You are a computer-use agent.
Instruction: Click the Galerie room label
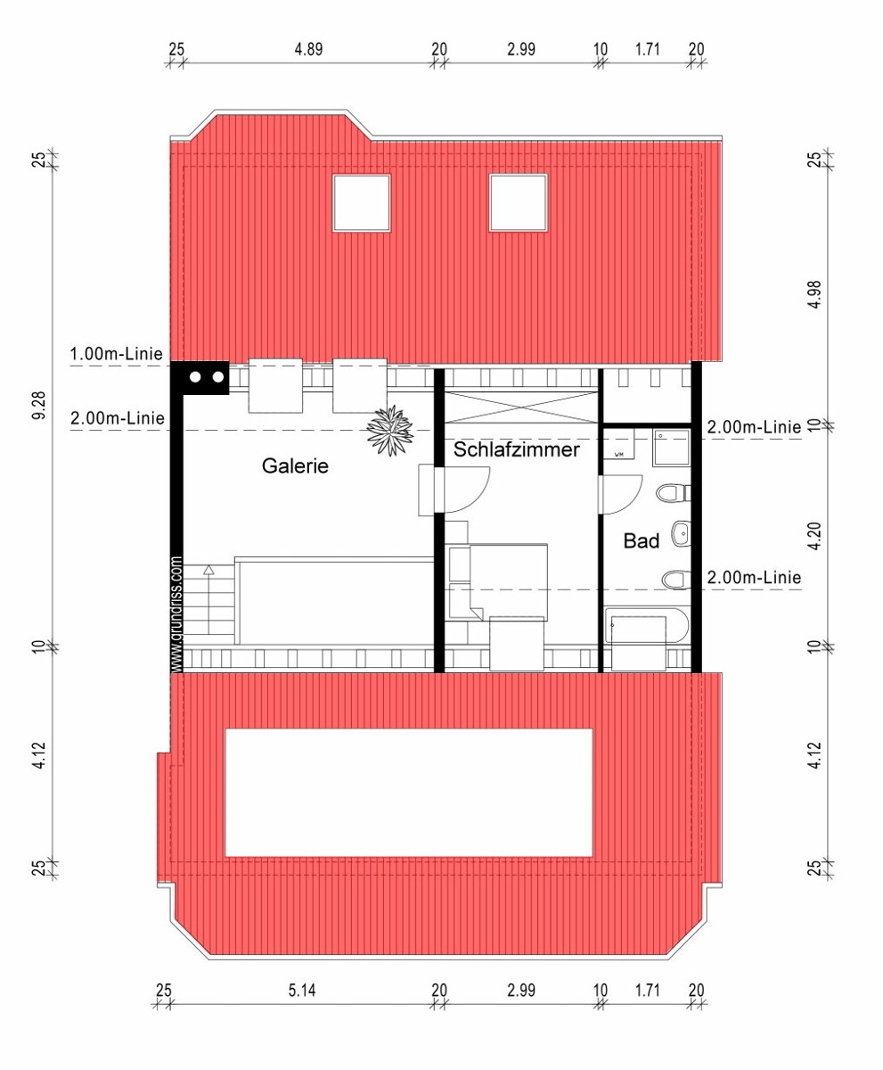tap(295, 465)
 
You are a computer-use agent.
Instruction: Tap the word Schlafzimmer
tap(516, 449)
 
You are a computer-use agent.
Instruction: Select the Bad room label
tap(642, 540)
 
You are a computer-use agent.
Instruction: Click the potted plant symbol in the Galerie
tap(390, 430)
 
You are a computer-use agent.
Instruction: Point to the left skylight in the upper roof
tap(362, 203)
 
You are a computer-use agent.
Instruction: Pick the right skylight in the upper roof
tap(519, 203)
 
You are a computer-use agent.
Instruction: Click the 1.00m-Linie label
tap(116, 354)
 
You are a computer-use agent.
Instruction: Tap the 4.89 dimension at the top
tap(308, 49)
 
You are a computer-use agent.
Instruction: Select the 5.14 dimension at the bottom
tap(302, 991)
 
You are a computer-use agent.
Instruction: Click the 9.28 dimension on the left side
tap(39, 406)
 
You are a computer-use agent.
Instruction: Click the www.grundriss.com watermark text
tap(176, 614)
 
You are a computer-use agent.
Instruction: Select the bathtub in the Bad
tap(647, 625)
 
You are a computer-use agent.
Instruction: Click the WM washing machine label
tap(618, 455)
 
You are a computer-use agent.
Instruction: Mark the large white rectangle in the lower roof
tap(409, 793)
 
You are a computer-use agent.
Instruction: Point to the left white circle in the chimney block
tap(195, 377)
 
